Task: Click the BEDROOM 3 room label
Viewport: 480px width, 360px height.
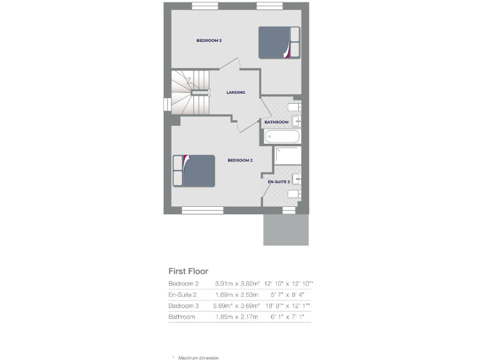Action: tap(209, 41)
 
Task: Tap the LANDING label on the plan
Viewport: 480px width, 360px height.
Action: tap(236, 92)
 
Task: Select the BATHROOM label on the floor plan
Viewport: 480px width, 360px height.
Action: tap(276, 122)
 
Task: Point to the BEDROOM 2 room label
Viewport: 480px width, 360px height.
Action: tap(239, 161)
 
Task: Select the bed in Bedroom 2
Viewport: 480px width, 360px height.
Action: tap(194, 171)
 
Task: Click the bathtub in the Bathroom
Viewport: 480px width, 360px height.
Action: tap(282, 136)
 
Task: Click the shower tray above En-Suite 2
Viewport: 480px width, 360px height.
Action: tap(287, 156)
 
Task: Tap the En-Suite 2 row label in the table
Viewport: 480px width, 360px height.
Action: tap(182, 294)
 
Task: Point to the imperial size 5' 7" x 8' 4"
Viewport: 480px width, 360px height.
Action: tap(287, 294)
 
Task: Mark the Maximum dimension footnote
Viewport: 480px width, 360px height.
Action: tap(198, 357)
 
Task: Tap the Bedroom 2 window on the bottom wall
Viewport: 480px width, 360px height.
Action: tap(202, 211)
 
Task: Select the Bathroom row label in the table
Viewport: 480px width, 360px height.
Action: tap(182, 317)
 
